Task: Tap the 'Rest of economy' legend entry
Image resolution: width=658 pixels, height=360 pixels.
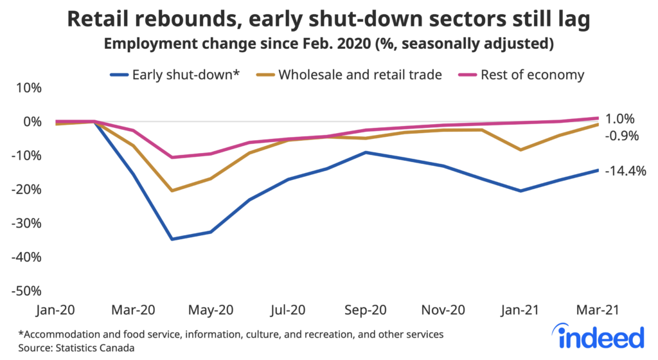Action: point(523,75)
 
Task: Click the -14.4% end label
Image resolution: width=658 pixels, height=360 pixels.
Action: point(625,171)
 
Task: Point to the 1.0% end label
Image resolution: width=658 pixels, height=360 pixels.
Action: point(620,119)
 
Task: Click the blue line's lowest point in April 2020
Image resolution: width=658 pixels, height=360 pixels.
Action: point(173,239)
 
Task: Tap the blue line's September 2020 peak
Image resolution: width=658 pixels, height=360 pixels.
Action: point(366,152)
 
